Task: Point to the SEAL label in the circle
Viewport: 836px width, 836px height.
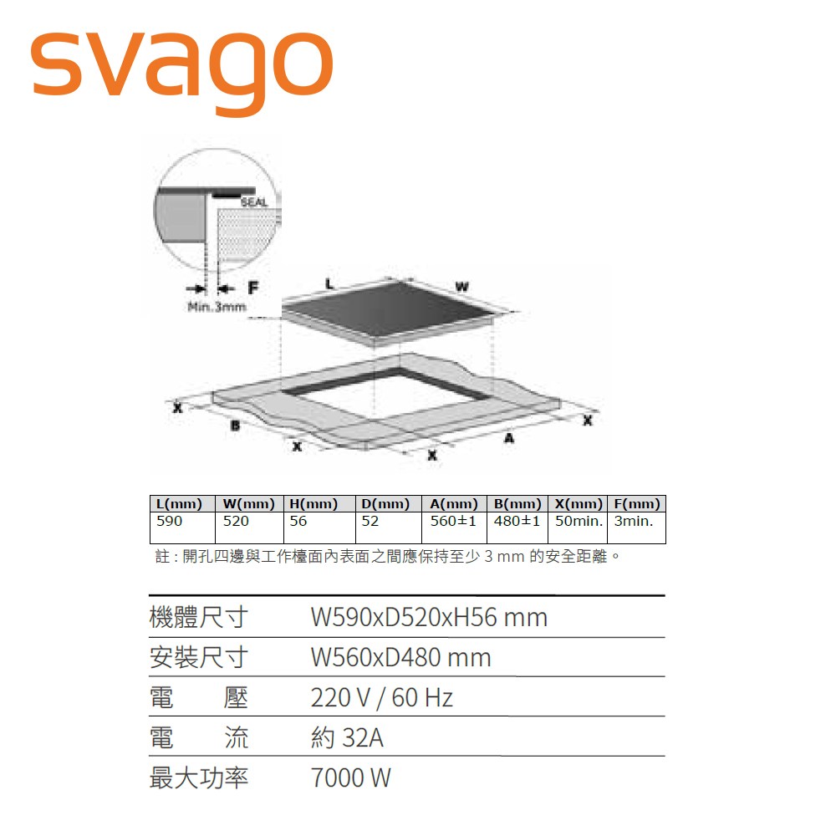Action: click(253, 202)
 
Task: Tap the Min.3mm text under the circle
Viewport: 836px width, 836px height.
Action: click(217, 307)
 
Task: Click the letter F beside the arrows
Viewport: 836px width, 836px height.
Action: click(253, 288)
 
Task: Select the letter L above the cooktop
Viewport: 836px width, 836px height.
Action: click(330, 285)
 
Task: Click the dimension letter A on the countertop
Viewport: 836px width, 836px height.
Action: click(508, 438)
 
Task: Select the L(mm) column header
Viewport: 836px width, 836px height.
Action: click(180, 504)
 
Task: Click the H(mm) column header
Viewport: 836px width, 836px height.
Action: click(313, 504)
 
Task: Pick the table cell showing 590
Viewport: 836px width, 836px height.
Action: click(170, 521)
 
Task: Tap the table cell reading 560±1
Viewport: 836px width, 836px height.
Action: click(453, 521)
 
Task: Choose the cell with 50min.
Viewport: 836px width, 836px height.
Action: click(578, 521)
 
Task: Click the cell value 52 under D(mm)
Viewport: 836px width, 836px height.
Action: click(370, 521)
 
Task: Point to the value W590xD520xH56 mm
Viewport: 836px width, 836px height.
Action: click(429, 618)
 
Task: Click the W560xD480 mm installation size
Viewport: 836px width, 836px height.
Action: click(400, 657)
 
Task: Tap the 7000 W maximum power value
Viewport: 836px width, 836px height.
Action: click(350, 777)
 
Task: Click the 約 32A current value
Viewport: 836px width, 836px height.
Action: click(347, 737)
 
